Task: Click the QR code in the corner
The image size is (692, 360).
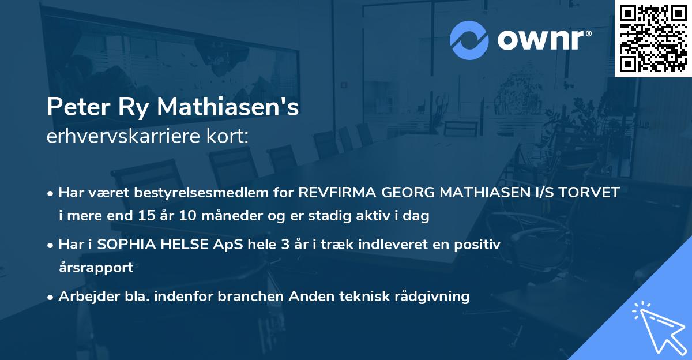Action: (x=653, y=39)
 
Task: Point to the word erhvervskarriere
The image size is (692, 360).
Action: (x=118, y=137)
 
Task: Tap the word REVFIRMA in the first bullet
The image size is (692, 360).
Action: (x=332, y=193)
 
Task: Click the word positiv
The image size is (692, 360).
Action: (x=480, y=245)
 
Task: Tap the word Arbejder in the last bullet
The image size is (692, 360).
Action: (x=84, y=297)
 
